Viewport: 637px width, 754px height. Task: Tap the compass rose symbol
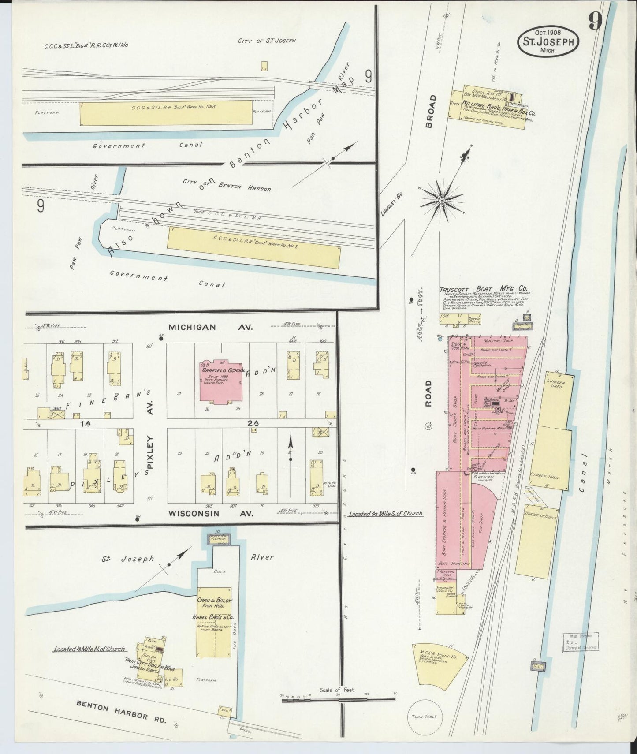coord(441,201)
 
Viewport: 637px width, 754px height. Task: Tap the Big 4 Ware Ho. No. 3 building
coord(166,112)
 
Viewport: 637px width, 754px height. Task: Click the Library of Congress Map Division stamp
coord(580,642)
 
